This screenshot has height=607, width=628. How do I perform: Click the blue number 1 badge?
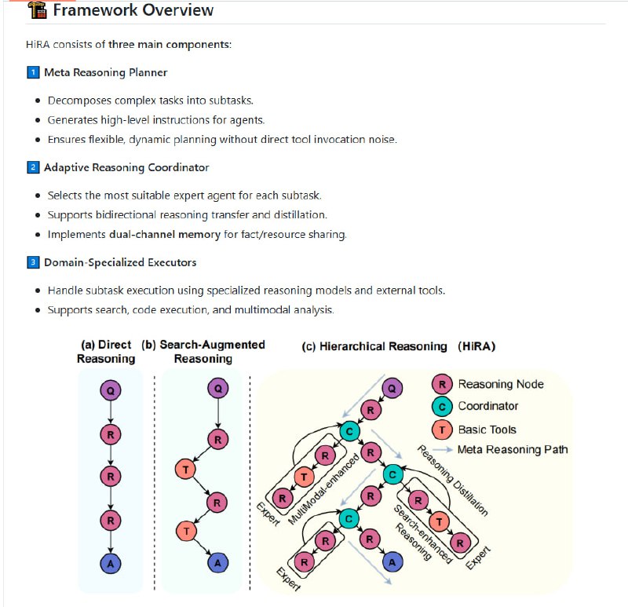point(33,72)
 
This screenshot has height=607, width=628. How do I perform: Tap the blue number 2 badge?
point(33,167)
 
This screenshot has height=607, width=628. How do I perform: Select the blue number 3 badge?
point(33,261)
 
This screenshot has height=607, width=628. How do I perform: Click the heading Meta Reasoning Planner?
point(105,72)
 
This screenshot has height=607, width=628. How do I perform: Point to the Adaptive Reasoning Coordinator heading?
point(126,167)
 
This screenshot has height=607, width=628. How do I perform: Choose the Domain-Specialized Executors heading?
point(120,261)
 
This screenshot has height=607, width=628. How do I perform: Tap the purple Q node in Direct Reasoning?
point(110,389)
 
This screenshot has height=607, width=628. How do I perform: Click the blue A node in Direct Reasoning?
point(110,561)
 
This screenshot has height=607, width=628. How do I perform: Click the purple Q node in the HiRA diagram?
point(392,387)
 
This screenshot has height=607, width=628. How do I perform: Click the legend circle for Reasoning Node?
point(444,384)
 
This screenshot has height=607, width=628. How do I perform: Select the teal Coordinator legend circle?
point(444,406)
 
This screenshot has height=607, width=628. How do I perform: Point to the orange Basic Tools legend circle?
point(444,429)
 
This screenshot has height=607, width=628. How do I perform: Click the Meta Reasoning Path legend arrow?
point(444,450)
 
